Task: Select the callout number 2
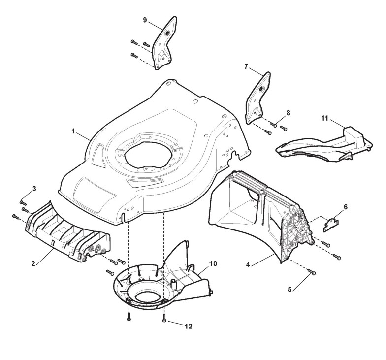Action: (33, 264)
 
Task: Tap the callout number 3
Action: (34, 189)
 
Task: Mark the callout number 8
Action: (288, 113)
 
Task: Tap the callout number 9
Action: (145, 20)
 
